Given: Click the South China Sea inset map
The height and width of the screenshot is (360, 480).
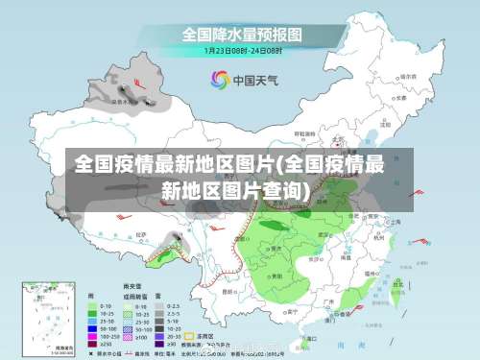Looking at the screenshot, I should point(43,317).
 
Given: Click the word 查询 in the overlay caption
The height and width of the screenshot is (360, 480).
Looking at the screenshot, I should point(279,191).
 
